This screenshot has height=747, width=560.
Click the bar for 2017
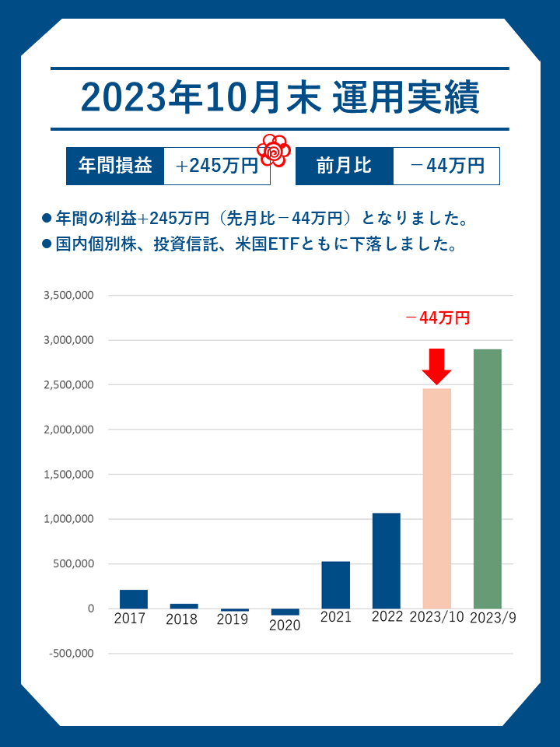[134, 599]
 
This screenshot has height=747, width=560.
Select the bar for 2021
[335, 585]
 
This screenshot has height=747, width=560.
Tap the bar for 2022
[386, 561]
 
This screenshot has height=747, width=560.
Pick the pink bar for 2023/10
[436, 498]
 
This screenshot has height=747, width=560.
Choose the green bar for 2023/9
[487, 479]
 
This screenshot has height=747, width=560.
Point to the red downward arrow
[437, 366]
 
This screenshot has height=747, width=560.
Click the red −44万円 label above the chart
[438, 317]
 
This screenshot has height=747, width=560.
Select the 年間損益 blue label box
[115, 166]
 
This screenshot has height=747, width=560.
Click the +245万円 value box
[216, 166]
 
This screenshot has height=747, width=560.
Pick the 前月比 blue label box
[344, 166]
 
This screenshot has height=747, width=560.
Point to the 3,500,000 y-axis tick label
[69, 296]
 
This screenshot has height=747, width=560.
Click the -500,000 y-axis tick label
[72, 654]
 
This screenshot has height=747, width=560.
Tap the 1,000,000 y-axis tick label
[69, 519]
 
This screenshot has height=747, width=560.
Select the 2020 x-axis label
[285, 626]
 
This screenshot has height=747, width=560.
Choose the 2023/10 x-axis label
[436, 618]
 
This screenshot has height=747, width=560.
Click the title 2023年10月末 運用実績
[280, 100]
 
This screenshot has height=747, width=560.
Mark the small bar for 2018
[184, 605]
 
